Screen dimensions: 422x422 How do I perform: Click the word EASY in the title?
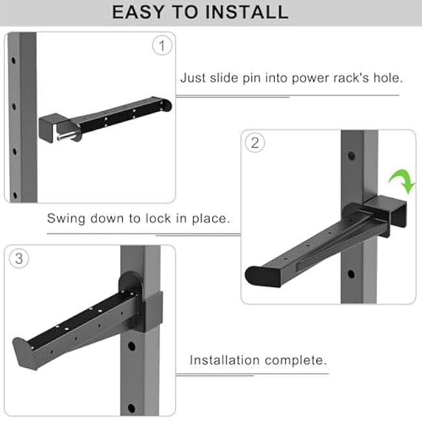pos(138,12)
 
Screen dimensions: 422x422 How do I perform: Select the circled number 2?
pos(254,143)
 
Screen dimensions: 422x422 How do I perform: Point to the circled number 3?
pos(19,258)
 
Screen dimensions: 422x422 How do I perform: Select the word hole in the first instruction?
pos(387,79)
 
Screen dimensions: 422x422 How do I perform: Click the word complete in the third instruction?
pos(301,360)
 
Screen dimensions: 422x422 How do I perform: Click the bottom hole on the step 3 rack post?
pos(131,407)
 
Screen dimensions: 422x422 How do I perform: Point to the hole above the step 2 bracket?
pos(351,156)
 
